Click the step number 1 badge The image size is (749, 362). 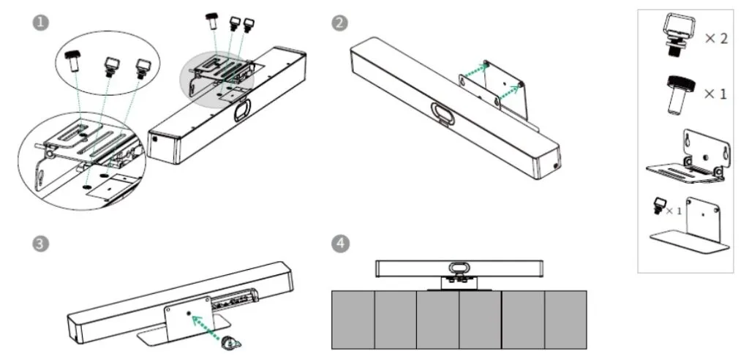coord(43,23)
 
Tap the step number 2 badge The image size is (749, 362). coord(339,23)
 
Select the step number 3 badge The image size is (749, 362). coord(43,244)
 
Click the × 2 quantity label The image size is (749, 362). coord(715,39)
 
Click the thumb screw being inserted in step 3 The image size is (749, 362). coord(232,340)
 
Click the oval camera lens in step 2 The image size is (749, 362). coord(443,113)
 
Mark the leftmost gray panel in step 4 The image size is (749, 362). coord(353,319)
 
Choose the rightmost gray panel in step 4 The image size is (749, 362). coord(565,319)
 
